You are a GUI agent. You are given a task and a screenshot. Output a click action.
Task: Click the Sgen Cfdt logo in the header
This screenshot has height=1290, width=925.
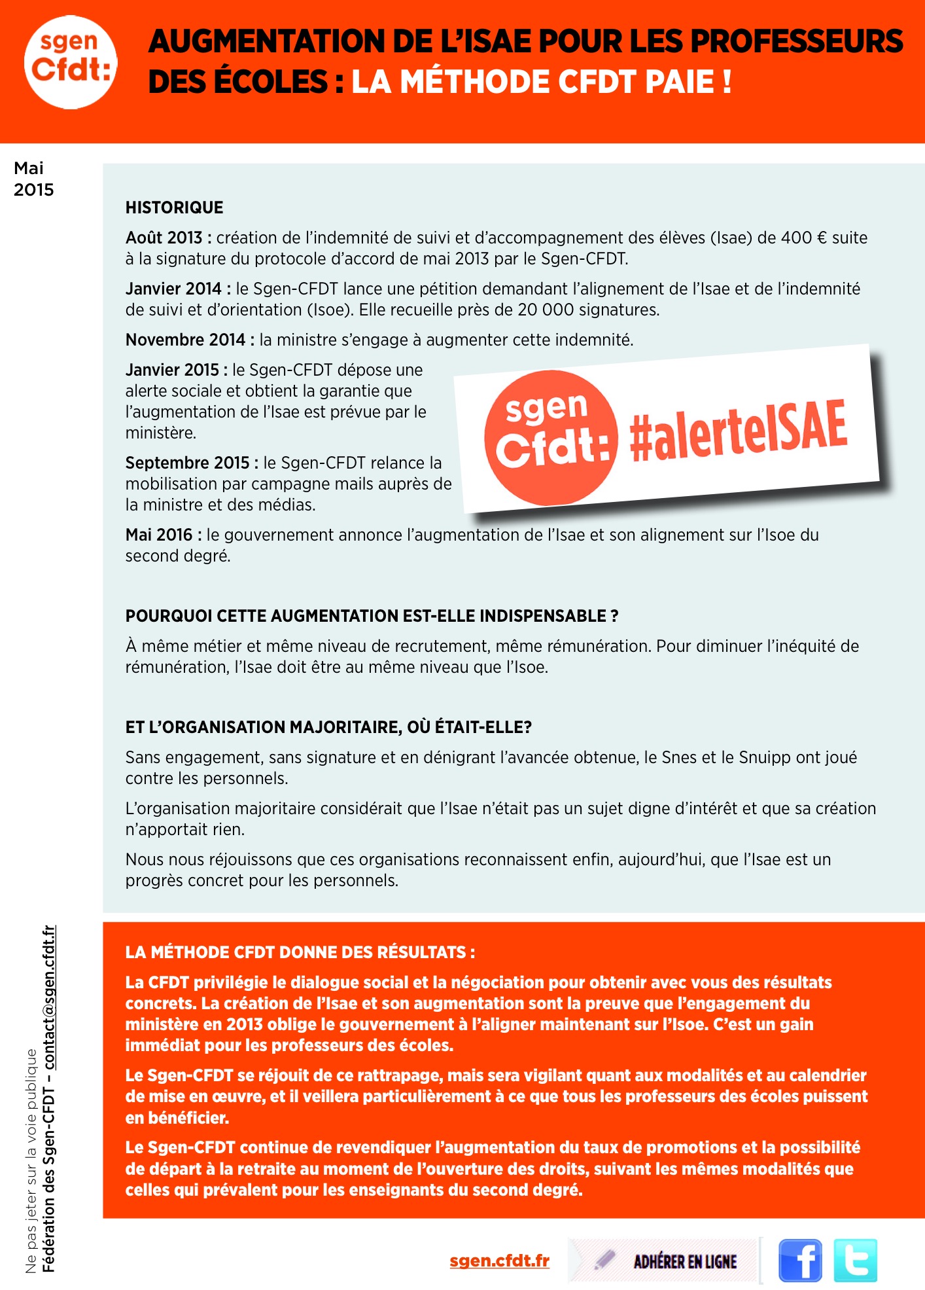point(71,62)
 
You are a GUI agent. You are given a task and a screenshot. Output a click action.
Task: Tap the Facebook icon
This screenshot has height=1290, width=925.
point(800,1260)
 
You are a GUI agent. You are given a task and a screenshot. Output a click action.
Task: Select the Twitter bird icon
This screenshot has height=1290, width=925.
point(855,1260)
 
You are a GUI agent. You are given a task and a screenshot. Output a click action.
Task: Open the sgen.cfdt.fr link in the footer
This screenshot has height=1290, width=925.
point(499,1261)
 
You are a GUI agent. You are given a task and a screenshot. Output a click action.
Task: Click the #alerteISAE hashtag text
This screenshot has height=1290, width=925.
point(738,430)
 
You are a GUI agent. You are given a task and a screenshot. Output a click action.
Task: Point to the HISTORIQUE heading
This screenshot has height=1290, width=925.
point(175,207)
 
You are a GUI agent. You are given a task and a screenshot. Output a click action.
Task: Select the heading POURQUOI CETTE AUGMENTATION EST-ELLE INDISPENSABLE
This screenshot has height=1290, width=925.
point(372,616)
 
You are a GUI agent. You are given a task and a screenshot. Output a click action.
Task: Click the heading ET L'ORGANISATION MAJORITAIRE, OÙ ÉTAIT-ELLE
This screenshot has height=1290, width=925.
point(328,727)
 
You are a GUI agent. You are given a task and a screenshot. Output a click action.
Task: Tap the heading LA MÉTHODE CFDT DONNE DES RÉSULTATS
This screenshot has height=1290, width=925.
point(300,952)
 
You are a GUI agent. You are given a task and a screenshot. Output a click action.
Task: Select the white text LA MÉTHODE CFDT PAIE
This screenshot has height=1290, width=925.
point(541,82)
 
